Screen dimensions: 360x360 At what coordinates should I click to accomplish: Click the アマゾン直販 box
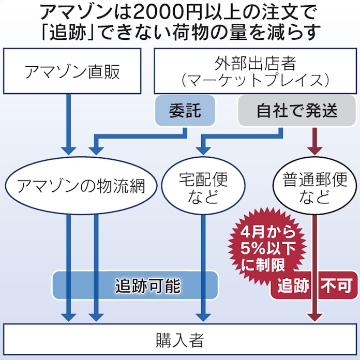point(72,72)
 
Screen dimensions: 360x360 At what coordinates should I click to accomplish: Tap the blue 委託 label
point(185,112)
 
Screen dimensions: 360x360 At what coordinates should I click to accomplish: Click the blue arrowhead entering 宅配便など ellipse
point(202,150)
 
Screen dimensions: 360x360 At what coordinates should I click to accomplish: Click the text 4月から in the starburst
point(264,228)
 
